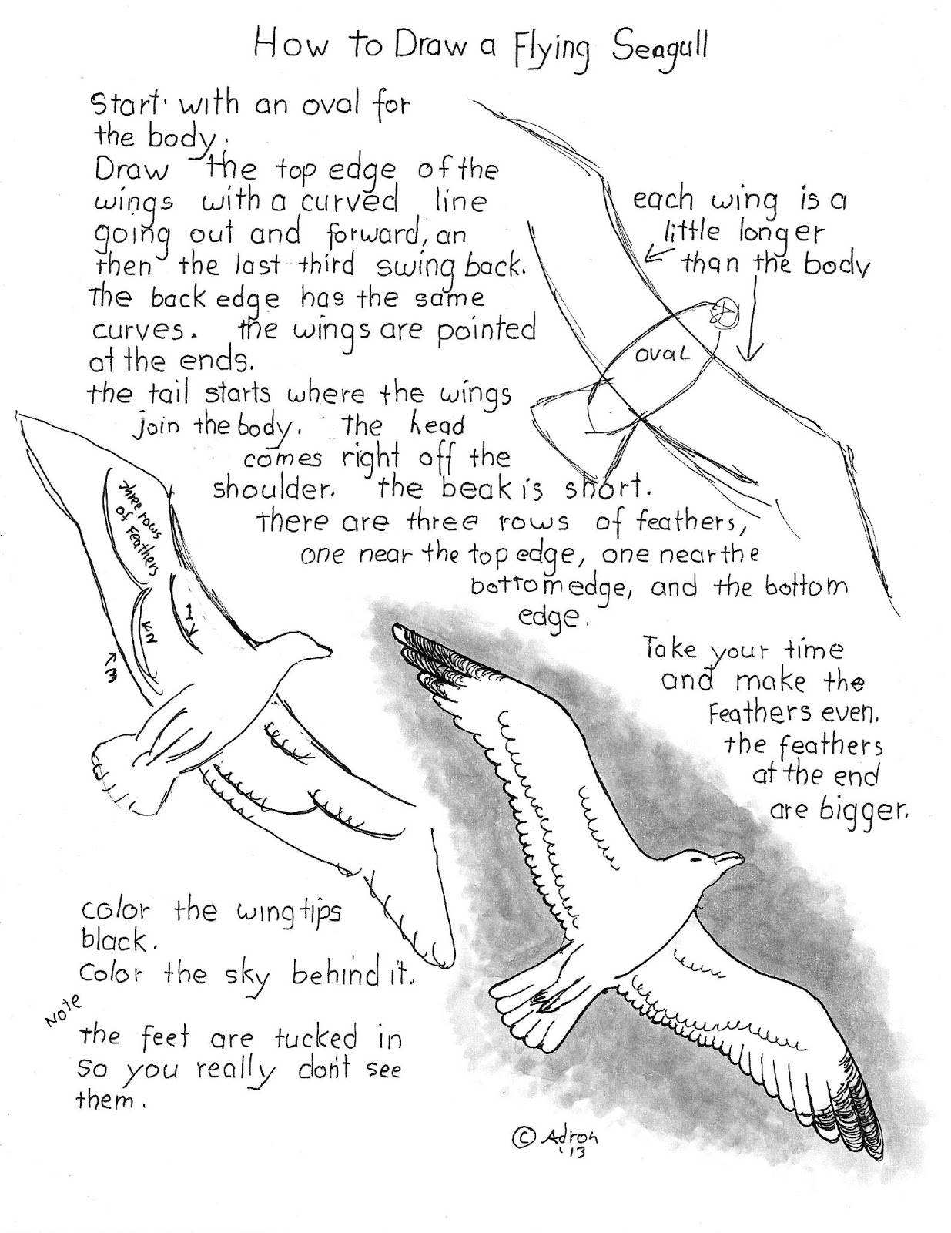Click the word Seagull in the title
pyautogui.click(x=660, y=48)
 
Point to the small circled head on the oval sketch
pyautogui.click(x=725, y=312)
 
